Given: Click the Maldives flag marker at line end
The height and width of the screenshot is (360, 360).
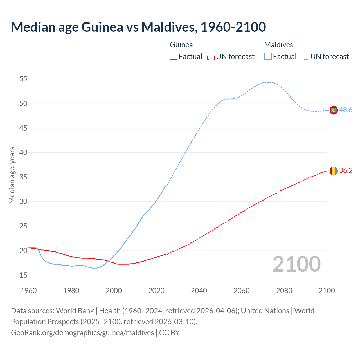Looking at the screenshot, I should point(334,110).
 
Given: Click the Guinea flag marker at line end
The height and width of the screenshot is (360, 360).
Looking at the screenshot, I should point(334,171).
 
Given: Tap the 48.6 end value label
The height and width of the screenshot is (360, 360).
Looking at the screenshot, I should point(346,110).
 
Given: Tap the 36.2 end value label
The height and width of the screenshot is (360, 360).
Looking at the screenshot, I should point(346,171).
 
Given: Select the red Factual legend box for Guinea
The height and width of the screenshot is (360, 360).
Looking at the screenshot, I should point(174,57).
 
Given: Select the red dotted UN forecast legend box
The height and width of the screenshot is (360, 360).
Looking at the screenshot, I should point(211,57).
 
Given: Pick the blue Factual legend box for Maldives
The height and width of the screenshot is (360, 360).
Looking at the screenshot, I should point(268,57).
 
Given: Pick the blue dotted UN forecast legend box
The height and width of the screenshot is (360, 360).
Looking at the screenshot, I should point(305,57).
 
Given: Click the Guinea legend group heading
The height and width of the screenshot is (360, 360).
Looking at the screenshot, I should point(181,45).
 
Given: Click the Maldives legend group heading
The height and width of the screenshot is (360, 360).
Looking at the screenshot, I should point(278,45).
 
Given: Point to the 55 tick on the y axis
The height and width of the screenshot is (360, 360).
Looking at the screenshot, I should point(23,79).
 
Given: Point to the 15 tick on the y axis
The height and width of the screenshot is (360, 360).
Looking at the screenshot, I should point(23,275).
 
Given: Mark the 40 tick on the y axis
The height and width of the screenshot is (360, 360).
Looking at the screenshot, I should point(23,152).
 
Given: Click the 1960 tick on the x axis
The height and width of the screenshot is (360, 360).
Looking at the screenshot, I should point(29,291).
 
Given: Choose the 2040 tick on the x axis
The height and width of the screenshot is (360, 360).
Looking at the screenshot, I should point(199,291).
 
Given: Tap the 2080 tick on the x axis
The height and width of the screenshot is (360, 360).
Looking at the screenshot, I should point(284,291).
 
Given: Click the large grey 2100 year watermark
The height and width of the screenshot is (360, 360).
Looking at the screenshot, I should point(296,264).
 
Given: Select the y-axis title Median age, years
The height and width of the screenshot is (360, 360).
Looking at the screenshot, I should point(12,175).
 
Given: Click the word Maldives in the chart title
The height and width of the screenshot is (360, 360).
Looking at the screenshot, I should point(168,27).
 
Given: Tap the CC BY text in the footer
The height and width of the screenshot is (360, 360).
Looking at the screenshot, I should point(169,333).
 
